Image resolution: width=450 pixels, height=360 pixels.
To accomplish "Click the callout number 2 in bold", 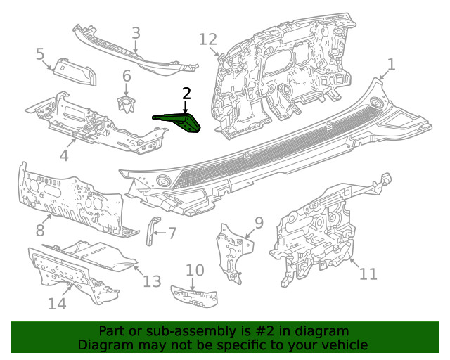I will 186,93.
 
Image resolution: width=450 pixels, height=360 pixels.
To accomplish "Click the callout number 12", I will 208,39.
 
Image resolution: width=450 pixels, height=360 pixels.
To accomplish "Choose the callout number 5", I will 40,53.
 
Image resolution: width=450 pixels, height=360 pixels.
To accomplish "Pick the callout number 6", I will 127,76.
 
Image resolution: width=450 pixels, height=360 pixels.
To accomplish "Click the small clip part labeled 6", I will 127,105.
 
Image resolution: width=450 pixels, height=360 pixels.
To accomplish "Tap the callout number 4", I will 64,155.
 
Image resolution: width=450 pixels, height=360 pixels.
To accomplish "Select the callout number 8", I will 40,229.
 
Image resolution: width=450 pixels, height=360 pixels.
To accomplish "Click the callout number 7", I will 172,232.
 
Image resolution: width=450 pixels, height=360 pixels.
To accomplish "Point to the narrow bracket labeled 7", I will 150,231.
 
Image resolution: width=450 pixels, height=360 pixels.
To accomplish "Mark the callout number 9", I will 258,223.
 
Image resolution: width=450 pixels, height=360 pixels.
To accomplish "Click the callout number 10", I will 195,270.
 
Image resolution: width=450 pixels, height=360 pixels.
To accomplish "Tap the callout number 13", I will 152,281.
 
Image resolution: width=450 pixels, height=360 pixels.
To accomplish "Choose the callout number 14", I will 57,303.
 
